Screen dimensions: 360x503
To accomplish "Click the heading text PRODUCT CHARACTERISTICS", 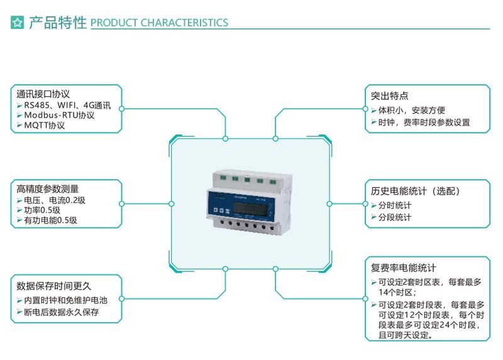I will [x=159, y=23].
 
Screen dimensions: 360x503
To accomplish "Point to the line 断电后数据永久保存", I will [x=61, y=311].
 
